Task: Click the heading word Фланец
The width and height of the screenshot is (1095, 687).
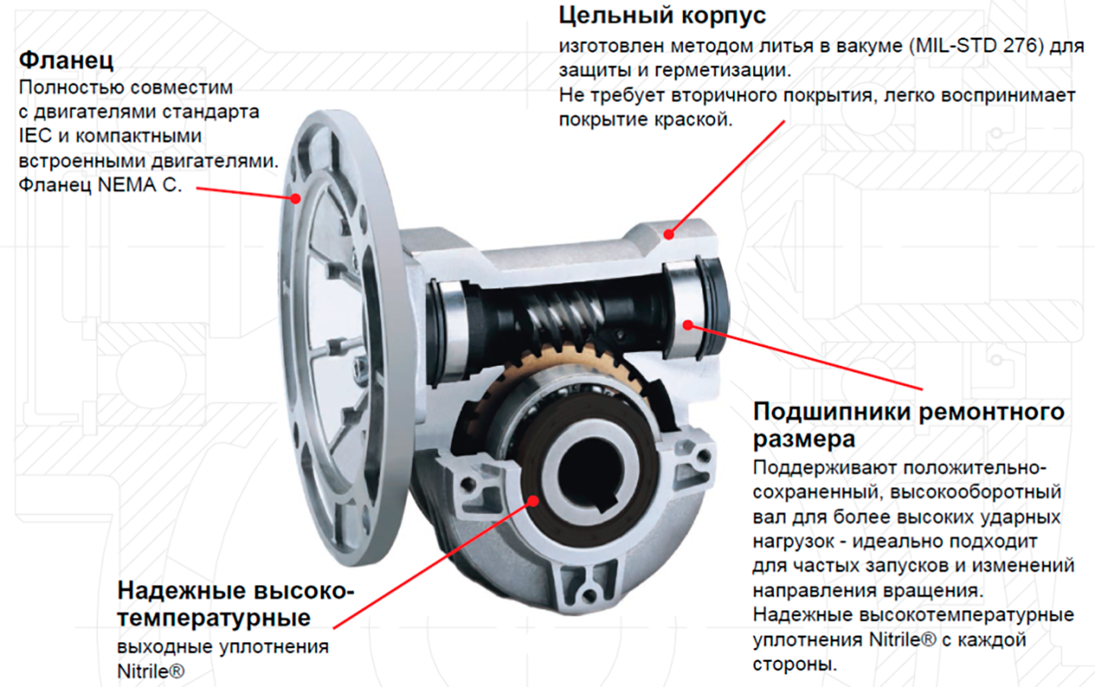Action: (66, 59)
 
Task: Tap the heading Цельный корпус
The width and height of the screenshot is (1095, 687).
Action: (662, 15)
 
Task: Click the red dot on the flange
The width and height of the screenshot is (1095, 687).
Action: (295, 199)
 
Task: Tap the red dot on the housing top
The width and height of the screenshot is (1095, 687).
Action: (668, 234)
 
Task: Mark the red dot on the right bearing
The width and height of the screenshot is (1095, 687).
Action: (687, 325)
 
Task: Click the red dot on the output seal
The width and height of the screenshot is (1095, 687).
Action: (534, 501)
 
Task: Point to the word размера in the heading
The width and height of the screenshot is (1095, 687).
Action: (804, 439)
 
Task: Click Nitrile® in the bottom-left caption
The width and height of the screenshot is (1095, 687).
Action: (151, 672)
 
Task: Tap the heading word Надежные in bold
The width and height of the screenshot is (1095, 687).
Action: (180, 590)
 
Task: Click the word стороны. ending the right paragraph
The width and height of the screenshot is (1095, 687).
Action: (794, 663)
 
